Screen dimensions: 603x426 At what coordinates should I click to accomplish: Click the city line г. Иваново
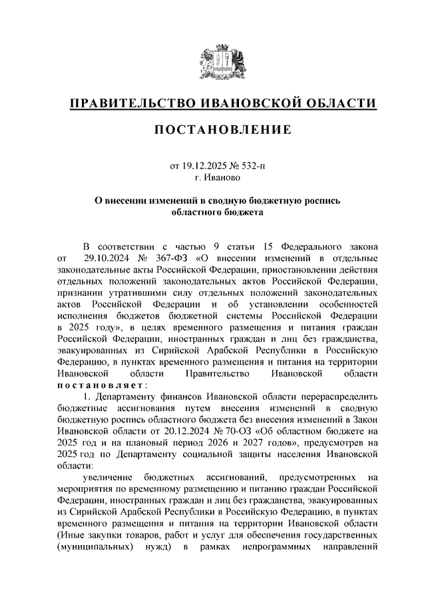pos(213,178)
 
